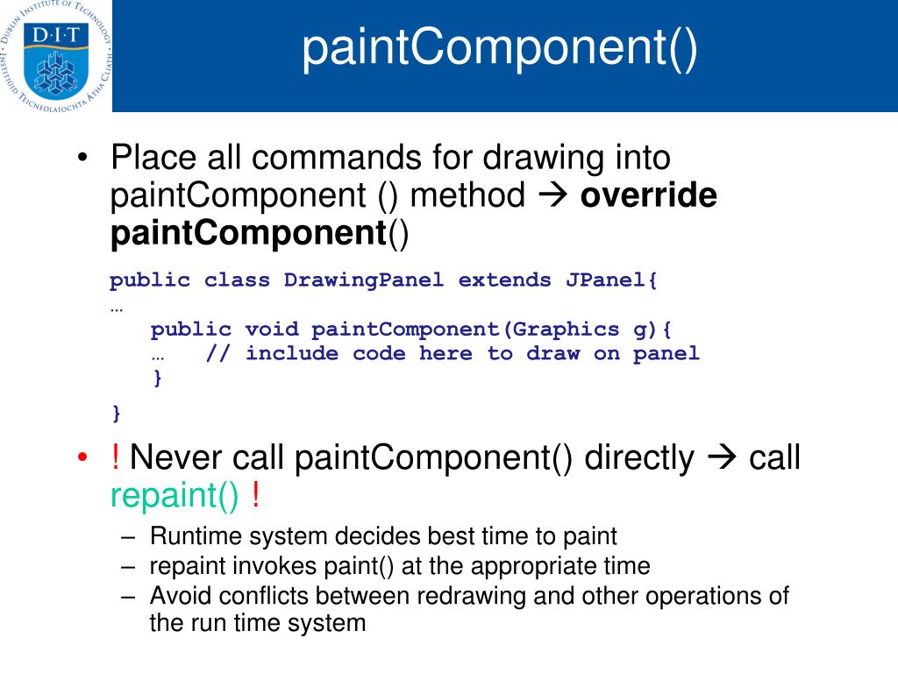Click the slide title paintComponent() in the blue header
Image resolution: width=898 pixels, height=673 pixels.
500,50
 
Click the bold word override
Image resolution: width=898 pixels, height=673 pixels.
648,195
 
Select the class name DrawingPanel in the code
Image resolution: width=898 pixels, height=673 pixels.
364,280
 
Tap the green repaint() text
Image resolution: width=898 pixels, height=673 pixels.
175,497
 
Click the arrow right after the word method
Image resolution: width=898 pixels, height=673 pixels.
552,195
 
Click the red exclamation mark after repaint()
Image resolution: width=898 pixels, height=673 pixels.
254,497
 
